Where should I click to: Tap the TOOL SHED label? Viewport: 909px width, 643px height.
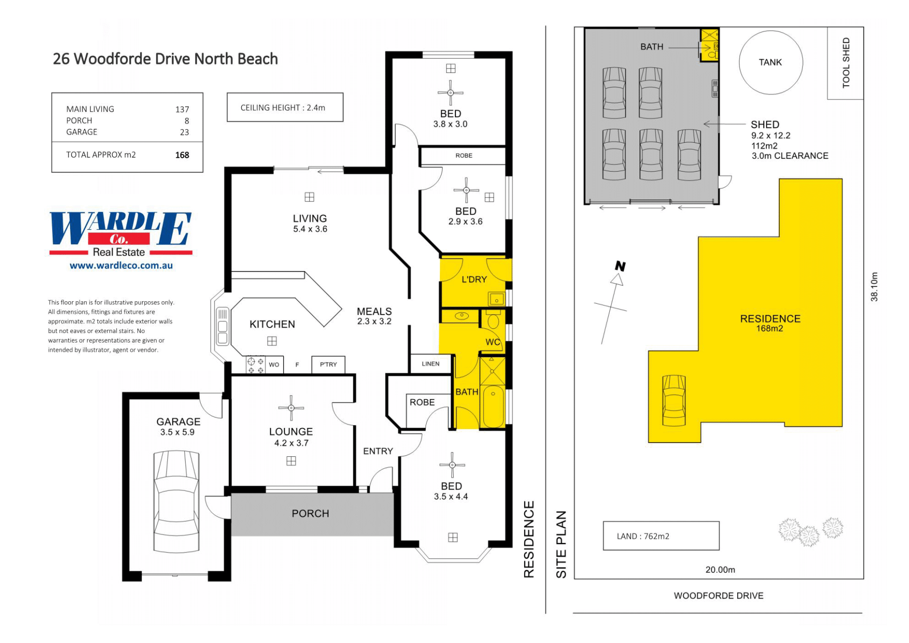846,63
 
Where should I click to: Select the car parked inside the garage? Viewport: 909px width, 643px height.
176,501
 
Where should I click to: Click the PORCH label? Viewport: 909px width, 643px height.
310,514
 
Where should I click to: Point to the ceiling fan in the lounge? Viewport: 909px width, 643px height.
291,408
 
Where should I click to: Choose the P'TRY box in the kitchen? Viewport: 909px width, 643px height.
329,365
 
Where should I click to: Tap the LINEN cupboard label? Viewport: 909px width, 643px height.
430,364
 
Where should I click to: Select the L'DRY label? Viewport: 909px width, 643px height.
474,280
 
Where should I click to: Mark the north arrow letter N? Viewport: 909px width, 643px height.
620,266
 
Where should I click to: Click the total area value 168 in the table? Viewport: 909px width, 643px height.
182,155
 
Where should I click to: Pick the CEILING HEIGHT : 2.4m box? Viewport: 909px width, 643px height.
285,107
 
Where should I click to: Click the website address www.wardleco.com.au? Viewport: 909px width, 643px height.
121,266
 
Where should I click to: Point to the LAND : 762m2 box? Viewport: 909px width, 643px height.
661,536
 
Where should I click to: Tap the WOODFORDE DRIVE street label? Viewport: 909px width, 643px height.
719,596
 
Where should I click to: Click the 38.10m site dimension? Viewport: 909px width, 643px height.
874,287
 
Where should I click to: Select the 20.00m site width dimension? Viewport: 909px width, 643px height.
720,570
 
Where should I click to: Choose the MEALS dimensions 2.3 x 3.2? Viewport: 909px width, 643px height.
374,321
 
